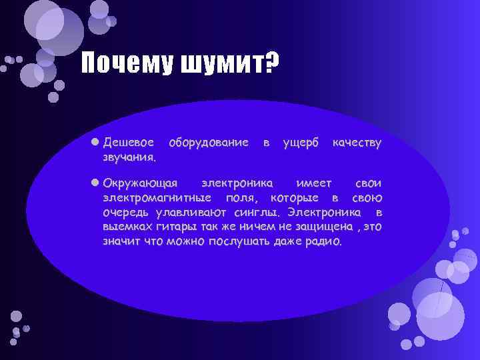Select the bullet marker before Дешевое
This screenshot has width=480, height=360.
click(x=96, y=142)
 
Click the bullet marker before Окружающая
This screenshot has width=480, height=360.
click(x=96, y=182)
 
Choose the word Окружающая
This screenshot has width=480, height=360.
click(x=140, y=183)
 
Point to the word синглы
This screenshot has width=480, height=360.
click(x=260, y=212)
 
